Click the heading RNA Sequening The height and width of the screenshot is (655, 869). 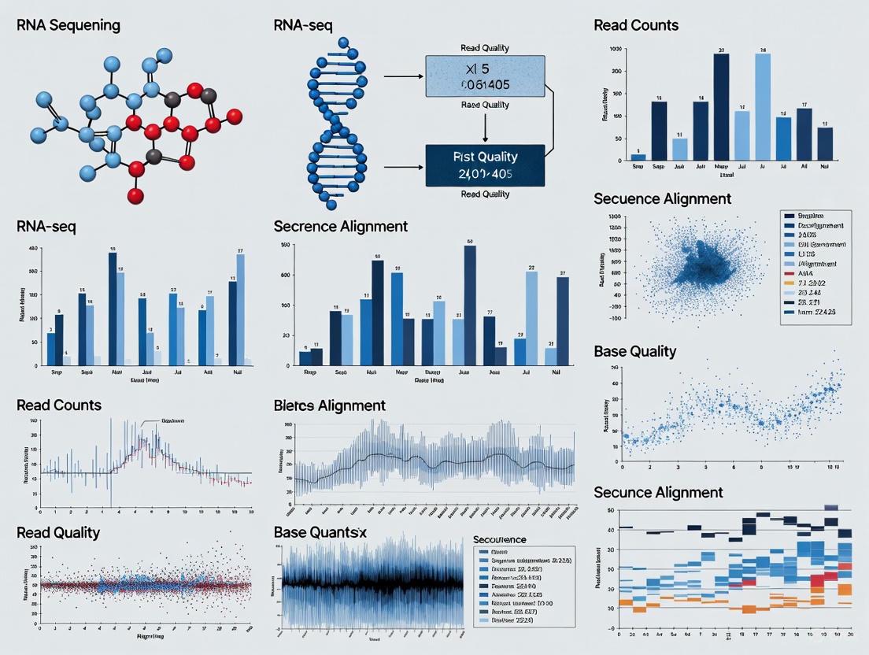tap(68, 25)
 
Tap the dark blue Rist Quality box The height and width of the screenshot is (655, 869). tap(484, 165)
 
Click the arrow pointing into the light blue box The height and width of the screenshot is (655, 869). tap(403, 77)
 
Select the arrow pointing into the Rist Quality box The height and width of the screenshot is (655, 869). tap(403, 167)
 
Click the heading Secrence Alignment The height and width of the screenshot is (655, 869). tap(341, 226)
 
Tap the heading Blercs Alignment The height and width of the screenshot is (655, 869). tap(329, 405)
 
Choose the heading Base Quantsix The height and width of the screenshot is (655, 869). tap(320, 533)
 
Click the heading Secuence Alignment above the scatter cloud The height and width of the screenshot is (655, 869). tap(662, 198)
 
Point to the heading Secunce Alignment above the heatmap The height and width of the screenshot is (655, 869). tap(658, 492)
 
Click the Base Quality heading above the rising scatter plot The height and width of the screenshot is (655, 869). tap(634, 351)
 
